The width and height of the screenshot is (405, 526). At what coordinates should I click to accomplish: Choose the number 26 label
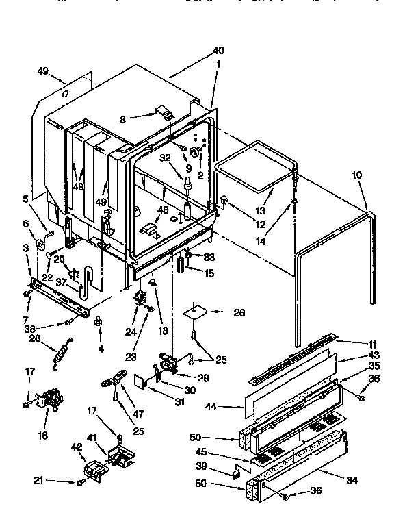pos(239,313)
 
